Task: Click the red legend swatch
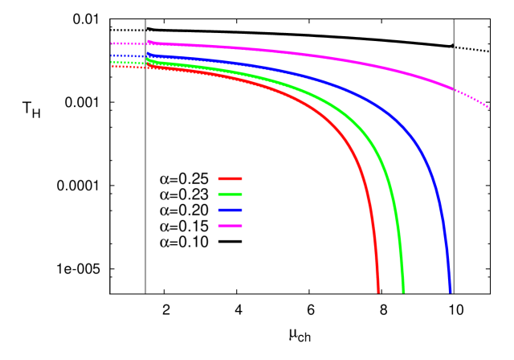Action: (230, 178)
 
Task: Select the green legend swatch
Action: (230, 194)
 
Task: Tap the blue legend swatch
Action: (230, 211)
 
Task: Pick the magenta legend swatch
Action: (230, 226)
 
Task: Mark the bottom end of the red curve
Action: (377, 291)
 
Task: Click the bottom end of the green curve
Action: (403, 291)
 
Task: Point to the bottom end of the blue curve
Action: (451, 291)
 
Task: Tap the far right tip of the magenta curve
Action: (488, 107)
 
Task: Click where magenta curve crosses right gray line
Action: (454, 88)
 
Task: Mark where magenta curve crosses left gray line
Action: (146, 43)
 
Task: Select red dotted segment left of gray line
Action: (128, 67)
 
